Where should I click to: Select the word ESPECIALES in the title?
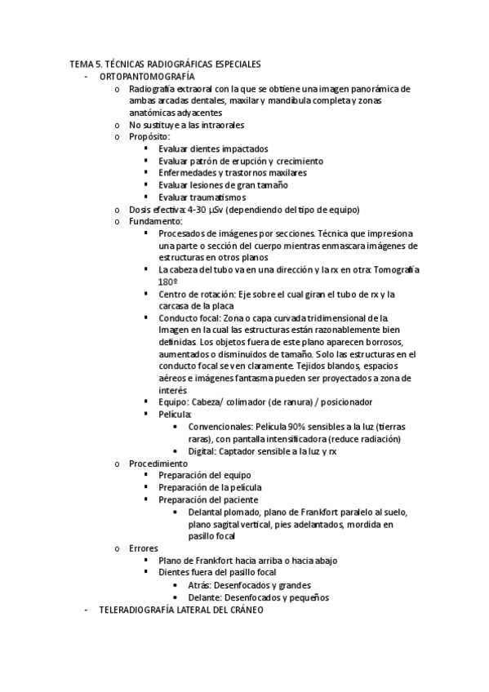click(233, 64)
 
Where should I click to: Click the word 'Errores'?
click(144, 548)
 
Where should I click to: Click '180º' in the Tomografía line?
click(169, 282)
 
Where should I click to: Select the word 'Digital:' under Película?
click(204, 451)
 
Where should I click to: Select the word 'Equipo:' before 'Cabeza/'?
click(174, 402)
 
